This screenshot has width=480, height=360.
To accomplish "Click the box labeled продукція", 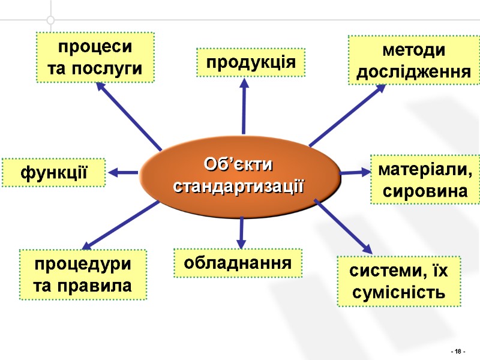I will pos(251,62).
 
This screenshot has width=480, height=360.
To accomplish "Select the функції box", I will pos(54,173).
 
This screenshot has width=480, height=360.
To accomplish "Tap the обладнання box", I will pos(238,263).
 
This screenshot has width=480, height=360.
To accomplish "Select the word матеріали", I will pos(425,170).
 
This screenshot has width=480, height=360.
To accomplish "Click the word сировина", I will pos(425,192).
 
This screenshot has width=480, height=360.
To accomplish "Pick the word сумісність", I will pos(398,293).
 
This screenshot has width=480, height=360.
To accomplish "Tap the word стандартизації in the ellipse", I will pos(239,185).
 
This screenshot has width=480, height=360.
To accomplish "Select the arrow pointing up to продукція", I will pos(244,108).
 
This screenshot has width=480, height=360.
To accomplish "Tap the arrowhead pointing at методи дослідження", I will pos(379,89).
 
